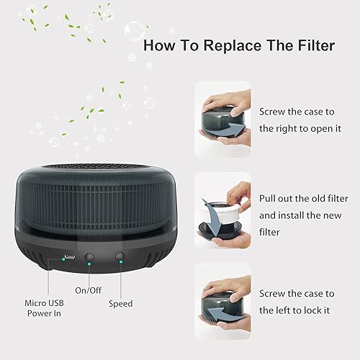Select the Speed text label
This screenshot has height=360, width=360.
[x=120, y=303]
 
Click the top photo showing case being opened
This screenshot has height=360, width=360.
[x=223, y=117]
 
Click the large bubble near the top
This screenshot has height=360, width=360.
[x=134, y=30]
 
